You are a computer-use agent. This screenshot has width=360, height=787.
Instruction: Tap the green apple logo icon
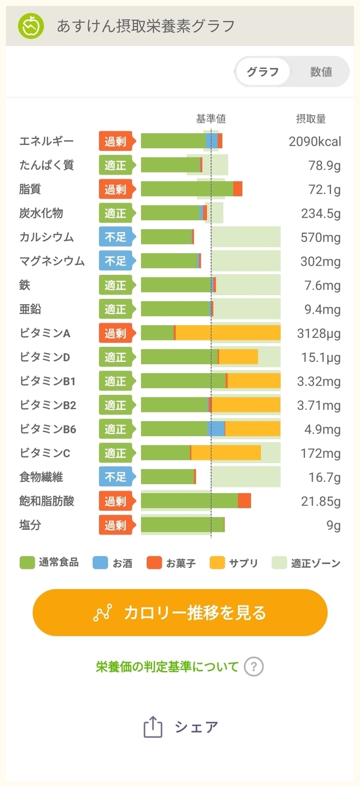tap(31, 26)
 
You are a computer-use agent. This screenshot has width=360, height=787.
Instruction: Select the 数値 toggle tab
tap(321, 71)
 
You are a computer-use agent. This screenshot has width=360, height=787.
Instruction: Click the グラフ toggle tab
tap(263, 71)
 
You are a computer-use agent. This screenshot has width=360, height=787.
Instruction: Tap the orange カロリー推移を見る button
tap(180, 613)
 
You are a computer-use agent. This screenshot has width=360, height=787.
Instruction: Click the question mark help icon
tap(254, 666)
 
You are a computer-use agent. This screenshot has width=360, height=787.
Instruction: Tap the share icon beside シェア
tap(153, 727)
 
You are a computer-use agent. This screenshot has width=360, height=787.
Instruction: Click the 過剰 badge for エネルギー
tap(117, 141)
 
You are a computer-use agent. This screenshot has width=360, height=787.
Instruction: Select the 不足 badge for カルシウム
tap(117, 237)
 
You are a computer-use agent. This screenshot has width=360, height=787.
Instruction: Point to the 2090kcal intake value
tap(315, 141)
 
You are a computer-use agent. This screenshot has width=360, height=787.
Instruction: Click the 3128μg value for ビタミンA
tap(319, 333)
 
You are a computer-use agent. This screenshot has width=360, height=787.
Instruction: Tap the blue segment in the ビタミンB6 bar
tap(216, 429)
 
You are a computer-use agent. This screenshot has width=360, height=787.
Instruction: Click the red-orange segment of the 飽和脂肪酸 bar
tap(245, 500)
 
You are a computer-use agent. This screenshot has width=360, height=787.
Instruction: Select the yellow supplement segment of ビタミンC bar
tap(226, 453)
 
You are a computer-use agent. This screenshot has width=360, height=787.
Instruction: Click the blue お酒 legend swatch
tap(100, 563)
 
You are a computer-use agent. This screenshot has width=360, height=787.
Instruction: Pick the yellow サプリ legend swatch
tap(217, 563)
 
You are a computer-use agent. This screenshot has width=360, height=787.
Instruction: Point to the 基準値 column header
tap(210, 119)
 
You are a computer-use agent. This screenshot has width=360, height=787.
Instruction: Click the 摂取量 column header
tap(311, 119)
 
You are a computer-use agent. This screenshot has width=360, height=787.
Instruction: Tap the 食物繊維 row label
tap(41, 477)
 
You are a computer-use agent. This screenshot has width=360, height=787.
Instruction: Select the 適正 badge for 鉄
tap(117, 285)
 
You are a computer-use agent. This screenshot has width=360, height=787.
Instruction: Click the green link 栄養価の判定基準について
tap(167, 666)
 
